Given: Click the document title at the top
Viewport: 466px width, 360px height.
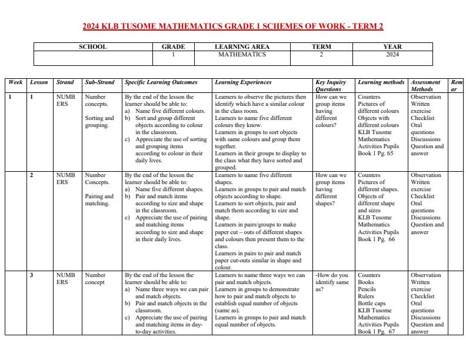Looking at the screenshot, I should pyautogui.click(x=232, y=26).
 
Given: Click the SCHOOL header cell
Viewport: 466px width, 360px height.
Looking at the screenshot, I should pyautogui.click(x=92, y=47).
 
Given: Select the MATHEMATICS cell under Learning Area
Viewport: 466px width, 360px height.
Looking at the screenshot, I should pyautogui.click(x=242, y=55).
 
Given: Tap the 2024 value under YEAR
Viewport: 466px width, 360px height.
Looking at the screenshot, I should pyautogui.click(x=392, y=55).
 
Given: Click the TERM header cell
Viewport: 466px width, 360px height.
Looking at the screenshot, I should pyautogui.click(x=321, y=47).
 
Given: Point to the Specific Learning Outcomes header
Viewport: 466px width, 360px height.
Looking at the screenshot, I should pyautogui.click(x=161, y=83).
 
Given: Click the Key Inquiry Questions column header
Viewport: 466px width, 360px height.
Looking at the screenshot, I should pyautogui.click(x=331, y=86).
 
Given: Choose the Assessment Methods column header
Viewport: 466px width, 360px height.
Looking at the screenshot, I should pyautogui.click(x=426, y=86).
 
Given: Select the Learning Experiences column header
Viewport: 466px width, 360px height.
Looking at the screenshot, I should pyautogui.click(x=243, y=83).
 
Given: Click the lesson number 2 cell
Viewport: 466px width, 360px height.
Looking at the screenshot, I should pyautogui.click(x=32, y=175).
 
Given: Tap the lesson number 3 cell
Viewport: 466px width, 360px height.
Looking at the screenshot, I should pyautogui.click(x=32, y=275).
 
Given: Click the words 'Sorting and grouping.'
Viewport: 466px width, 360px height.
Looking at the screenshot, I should pyautogui.click(x=99, y=122).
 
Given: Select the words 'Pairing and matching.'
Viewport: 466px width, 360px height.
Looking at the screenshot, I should pyautogui.click(x=99, y=200).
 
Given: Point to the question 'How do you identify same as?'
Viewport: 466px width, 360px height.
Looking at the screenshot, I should pyautogui.click(x=332, y=282).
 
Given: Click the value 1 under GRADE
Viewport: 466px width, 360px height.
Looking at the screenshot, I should pyautogui.click(x=173, y=55).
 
